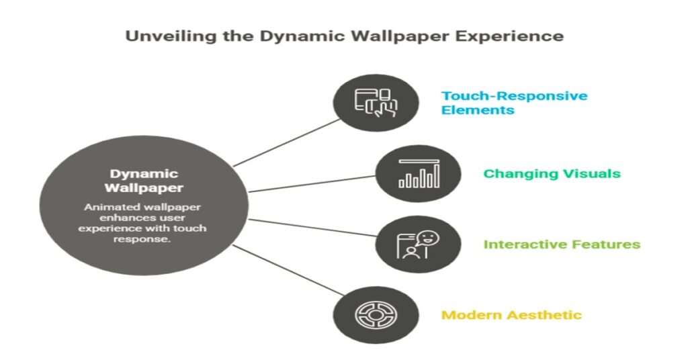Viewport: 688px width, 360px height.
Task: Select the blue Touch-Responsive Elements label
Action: click(514, 103)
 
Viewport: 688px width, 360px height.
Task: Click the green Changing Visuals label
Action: click(552, 174)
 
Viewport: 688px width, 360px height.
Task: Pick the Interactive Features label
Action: click(562, 244)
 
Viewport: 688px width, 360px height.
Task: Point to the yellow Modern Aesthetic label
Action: click(511, 315)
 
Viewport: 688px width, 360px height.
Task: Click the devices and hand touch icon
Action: click(376, 103)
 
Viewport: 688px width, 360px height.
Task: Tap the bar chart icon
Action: click(419, 174)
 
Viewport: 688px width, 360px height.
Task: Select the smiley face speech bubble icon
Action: click(418, 244)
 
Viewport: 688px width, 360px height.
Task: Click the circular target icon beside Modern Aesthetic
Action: click(376, 315)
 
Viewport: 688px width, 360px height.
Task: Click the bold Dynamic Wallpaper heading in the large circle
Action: click(144, 181)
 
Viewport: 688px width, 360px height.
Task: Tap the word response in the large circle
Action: click(142, 239)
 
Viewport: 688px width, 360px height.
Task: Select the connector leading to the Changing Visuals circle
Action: click(312, 184)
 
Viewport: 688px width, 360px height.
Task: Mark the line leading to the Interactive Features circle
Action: click(312, 227)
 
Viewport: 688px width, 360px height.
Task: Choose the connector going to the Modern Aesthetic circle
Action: click(288, 270)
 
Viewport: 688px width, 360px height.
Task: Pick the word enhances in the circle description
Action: click(120, 218)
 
